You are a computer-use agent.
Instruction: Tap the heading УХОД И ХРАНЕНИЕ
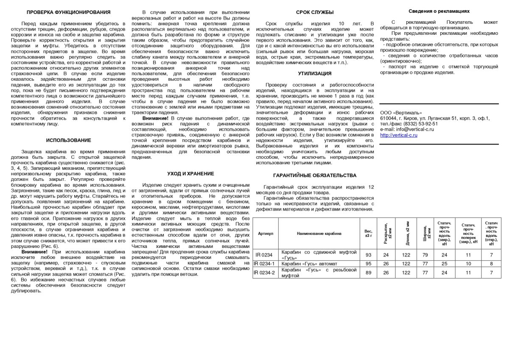coord(190,174)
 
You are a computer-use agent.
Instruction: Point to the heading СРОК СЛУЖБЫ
coord(315,12)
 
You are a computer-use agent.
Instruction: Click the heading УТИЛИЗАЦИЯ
coord(315,73)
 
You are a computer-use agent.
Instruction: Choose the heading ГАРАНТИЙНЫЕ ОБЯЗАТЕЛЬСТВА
coord(315,175)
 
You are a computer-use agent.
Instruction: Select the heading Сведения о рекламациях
coord(439,11)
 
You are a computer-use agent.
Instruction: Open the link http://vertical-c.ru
coord(399,135)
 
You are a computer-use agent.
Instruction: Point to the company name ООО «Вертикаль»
coord(401,112)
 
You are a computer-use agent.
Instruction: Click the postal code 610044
coord(388,118)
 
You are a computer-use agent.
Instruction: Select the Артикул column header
coord(266,233)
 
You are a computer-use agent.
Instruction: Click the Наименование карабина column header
coord(319,233)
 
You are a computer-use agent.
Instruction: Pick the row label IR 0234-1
coord(264,264)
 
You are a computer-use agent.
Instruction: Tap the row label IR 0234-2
coord(264,273)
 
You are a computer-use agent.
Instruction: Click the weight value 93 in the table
coord(368,255)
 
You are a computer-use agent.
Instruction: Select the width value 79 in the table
coord(425,255)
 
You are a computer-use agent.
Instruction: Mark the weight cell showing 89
coord(368,273)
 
